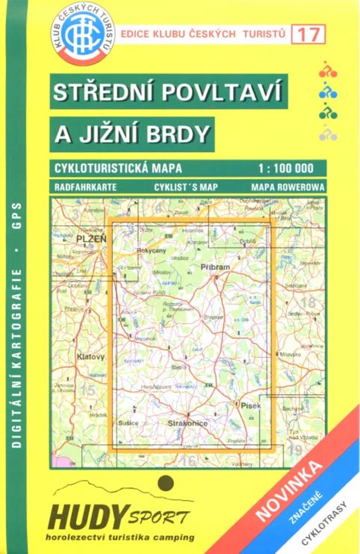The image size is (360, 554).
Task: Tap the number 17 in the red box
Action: (308, 34)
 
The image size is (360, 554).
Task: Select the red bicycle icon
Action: (328, 70)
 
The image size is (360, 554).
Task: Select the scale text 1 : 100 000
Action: (290, 168)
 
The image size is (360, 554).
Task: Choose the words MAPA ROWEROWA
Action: (288, 187)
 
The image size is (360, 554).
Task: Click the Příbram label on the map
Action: (215, 267)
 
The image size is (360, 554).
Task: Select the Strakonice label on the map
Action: (187, 423)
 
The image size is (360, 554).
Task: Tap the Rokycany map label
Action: (150, 251)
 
